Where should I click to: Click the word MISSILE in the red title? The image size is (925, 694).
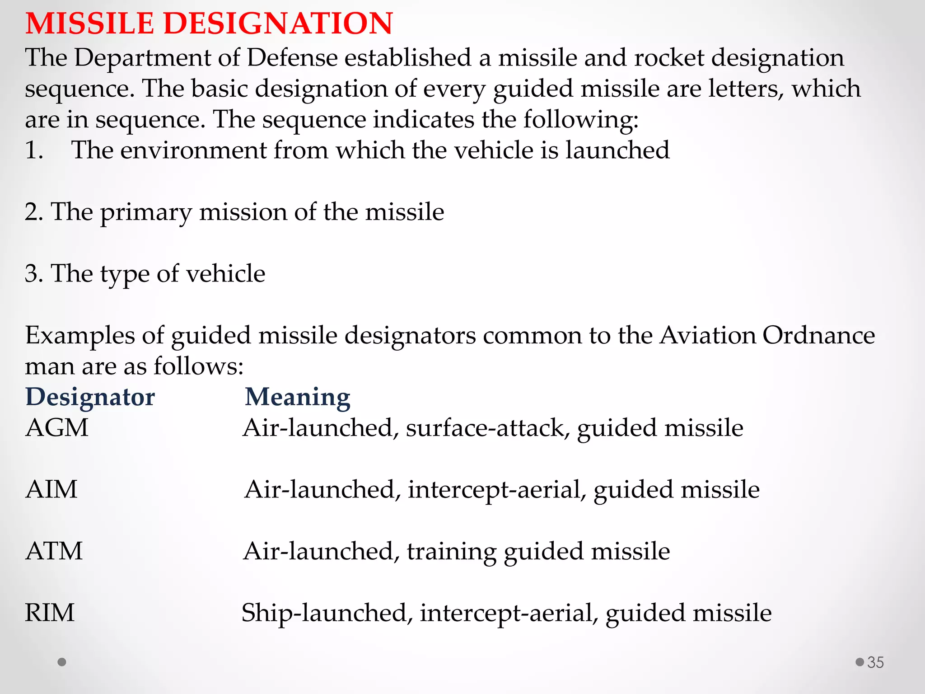point(89,23)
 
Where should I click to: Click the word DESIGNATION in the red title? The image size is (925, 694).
point(278,23)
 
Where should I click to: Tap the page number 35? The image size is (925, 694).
point(875,662)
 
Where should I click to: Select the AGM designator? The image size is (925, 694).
point(57,428)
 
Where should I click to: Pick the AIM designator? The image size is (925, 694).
point(51,489)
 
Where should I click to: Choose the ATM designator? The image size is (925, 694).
point(54,551)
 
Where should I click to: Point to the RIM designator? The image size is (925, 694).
point(50,613)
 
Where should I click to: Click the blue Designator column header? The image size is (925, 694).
point(90,397)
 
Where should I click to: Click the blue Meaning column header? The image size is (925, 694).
point(297,397)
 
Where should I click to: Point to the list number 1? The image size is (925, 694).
point(34,150)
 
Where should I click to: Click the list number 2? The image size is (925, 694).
point(34,212)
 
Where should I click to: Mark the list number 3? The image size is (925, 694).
point(34,273)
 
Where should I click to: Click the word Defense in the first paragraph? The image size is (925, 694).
point(292,58)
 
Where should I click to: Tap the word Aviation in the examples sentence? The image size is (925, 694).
point(707,335)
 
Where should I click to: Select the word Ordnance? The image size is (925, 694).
point(818,335)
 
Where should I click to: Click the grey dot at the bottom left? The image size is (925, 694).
point(62,662)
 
